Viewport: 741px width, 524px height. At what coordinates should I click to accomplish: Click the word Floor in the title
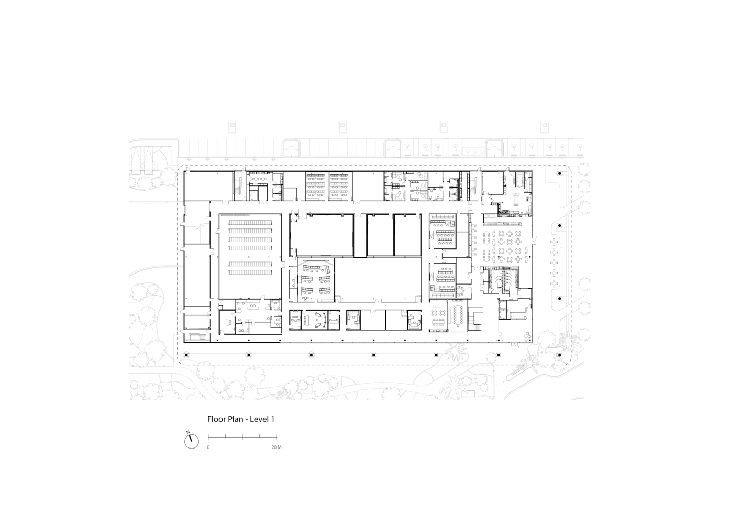[x=217, y=419]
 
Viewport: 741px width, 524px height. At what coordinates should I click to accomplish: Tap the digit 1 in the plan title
[x=273, y=419]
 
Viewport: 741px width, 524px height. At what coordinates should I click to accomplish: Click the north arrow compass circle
[x=192, y=442]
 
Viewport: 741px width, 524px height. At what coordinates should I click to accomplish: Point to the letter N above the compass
[x=188, y=432]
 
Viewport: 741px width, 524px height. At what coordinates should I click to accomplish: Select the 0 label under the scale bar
[x=208, y=447]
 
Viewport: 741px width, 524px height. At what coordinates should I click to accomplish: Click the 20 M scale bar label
[x=277, y=447]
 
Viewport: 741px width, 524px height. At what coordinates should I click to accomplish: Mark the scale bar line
[x=242, y=437]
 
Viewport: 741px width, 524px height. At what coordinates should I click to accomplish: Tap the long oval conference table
[x=459, y=314]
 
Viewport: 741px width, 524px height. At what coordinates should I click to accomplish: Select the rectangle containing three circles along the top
[x=473, y=151]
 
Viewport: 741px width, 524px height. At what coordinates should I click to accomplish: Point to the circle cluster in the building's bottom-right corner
[x=527, y=337]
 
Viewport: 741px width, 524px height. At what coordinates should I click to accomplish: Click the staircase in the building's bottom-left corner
[x=197, y=337]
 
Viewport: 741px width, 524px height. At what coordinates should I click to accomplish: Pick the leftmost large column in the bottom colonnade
[x=186, y=355]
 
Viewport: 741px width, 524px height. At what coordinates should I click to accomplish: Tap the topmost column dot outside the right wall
[x=559, y=173]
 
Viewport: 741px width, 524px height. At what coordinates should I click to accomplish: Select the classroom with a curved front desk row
[x=316, y=280]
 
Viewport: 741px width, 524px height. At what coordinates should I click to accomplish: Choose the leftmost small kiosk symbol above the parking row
[x=232, y=126]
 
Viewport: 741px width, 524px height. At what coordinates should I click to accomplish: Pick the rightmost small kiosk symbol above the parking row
[x=545, y=126]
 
